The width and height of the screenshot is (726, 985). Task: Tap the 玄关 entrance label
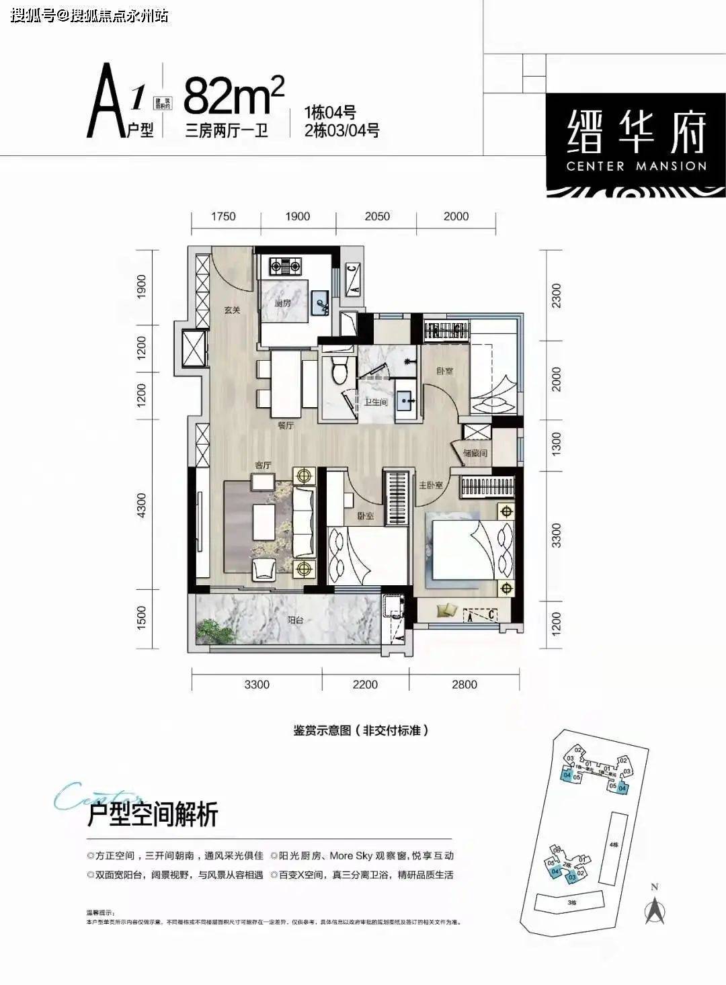[x=232, y=310]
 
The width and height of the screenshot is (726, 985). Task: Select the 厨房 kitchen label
[x=282, y=303]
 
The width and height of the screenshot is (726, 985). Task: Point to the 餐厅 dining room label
[x=286, y=426]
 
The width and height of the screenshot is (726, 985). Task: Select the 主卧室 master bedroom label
[x=430, y=485]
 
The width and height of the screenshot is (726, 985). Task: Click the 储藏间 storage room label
[x=475, y=454]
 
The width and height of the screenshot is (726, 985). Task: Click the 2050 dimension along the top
[x=377, y=216]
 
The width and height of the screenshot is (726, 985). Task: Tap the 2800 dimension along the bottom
[x=464, y=685]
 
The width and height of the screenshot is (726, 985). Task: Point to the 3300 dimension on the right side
[x=555, y=535]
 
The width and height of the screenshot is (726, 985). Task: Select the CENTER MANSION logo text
[x=636, y=166]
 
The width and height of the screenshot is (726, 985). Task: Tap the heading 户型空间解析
[x=153, y=815]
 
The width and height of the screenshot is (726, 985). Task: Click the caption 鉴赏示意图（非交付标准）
[x=360, y=730]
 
